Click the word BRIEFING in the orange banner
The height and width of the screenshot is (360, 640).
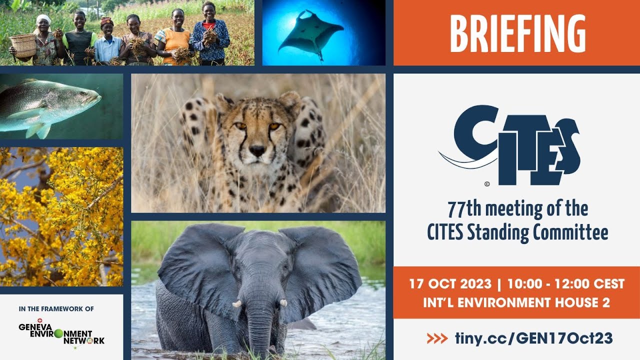(x=517, y=33)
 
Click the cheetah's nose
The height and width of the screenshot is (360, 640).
(x=257, y=150)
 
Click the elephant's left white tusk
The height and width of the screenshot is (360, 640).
(x=237, y=303)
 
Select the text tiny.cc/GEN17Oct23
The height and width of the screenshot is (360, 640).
(x=533, y=338)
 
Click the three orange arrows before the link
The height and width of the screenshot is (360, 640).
(x=437, y=338)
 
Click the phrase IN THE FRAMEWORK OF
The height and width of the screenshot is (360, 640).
(x=56, y=309)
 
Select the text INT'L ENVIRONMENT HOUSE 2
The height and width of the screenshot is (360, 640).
(x=516, y=302)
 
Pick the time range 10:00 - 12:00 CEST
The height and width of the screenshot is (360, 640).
(x=565, y=284)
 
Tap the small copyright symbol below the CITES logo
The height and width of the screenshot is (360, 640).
(x=487, y=183)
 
